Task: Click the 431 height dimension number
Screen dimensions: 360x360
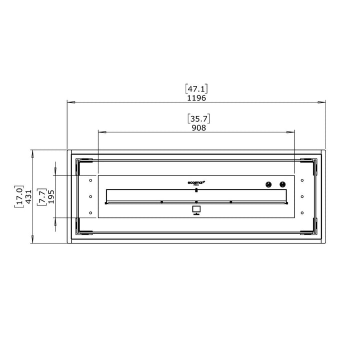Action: coord(28,196)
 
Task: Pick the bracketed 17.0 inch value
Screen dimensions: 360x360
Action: coord(19,196)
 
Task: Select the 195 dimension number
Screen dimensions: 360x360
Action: coord(51,196)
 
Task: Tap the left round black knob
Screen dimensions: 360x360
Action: coord(268,184)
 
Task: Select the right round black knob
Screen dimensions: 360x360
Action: coord(282,184)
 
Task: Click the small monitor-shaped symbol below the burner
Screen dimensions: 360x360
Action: coord(196,210)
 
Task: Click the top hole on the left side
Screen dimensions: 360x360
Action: coord(90,180)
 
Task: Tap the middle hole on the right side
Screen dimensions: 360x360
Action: coord(302,196)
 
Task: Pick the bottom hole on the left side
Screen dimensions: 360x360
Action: coord(90,213)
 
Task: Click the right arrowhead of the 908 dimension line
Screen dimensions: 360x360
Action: coord(292,132)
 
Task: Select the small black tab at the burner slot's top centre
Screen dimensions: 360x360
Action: coord(196,190)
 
